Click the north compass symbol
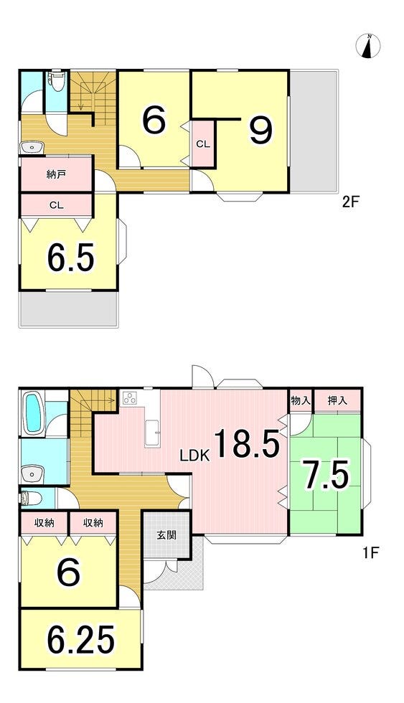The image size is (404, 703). (x=368, y=46)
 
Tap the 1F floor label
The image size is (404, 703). (x=371, y=552)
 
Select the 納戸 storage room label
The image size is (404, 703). (x=57, y=174)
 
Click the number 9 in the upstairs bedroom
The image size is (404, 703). (x=260, y=130)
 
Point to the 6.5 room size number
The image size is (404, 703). (x=70, y=258)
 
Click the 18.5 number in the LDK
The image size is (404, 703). (x=247, y=443)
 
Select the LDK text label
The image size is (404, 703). (x=194, y=456)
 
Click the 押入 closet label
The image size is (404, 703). (x=337, y=400)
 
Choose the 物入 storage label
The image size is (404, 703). (x=301, y=400)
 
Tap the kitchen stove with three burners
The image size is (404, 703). (x=131, y=398)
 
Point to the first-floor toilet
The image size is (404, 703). (x=31, y=498)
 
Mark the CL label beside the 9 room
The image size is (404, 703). (x=202, y=144)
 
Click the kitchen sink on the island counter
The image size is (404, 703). (x=153, y=433)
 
